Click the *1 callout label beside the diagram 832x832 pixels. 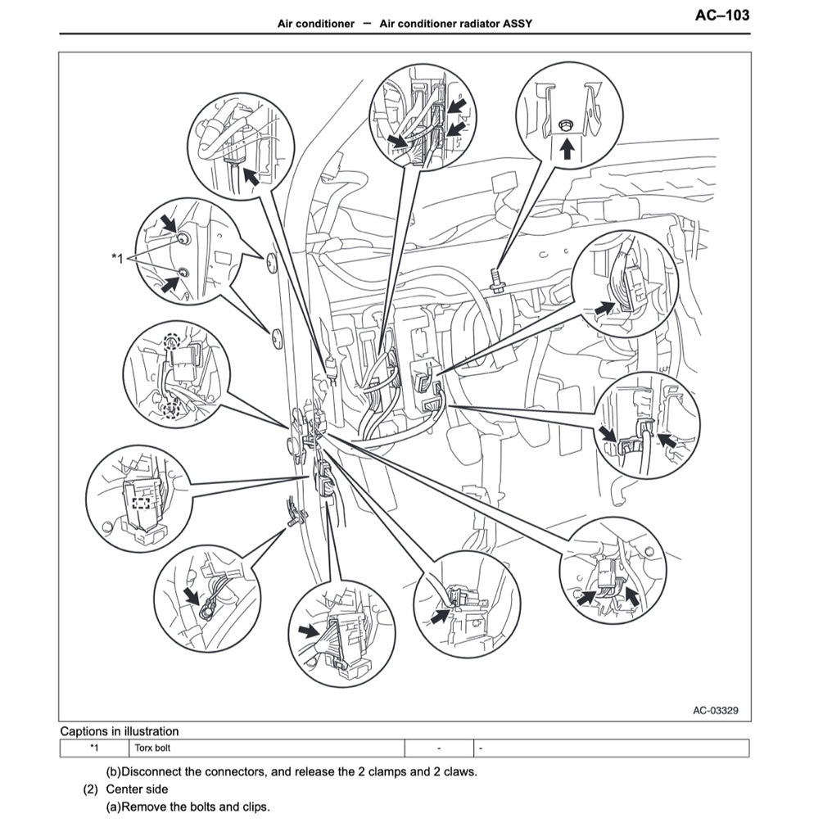pyautogui.click(x=116, y=258)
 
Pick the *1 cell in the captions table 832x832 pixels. pyautogui.click(x=93, y=748)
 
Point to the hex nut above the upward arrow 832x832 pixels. pyautogui.click(x=564, y=125)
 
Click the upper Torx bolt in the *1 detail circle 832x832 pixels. pyautogui.click(x=183, y=238)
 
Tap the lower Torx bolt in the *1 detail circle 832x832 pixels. pyautogui.click(x=183, y=272)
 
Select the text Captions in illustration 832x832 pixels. pyautogui.click(x=120, y=731)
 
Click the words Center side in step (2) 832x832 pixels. pyautogui.click(x=137, y=789)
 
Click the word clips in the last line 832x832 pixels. pyautogui.click(x=254, y=807)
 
